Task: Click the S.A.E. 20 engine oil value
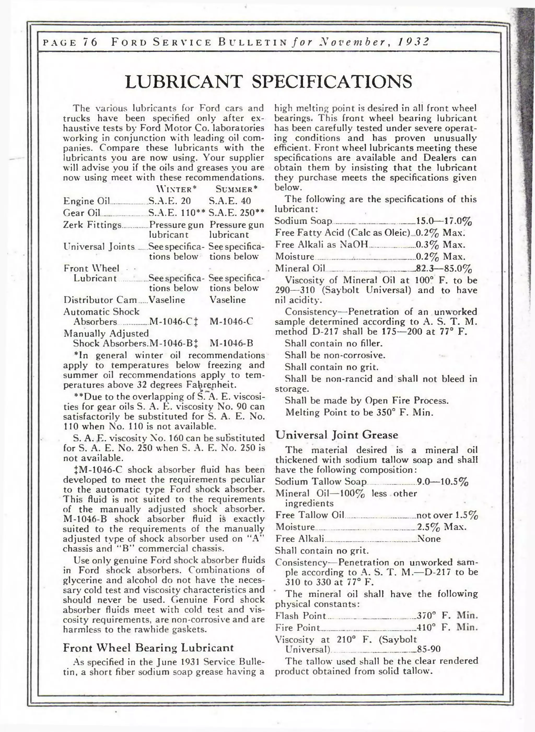[x=169, y=201]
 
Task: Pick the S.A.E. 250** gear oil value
[x=236, y=213]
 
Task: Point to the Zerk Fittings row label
[x=92, y=224]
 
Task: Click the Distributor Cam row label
[x=100, y=300]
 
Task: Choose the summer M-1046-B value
[x=231, y=343]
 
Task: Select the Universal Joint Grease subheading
[x=336, y=435]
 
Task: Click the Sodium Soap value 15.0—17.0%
[x=444, y=221]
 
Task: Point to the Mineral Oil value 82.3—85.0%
[x=444, y=269]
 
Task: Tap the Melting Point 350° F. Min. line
[x=359, y=412]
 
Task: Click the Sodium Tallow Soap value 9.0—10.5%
[x=442, y=482]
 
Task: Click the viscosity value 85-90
[x=428, y=649]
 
